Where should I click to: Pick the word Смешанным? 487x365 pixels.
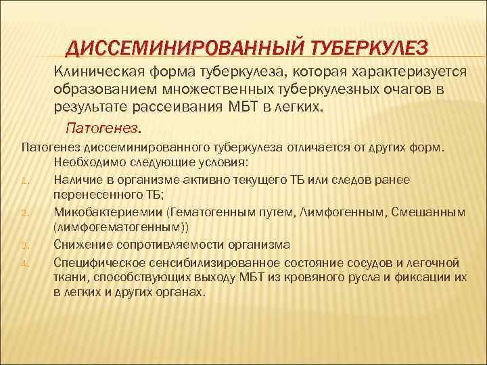(x=432, y=212)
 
